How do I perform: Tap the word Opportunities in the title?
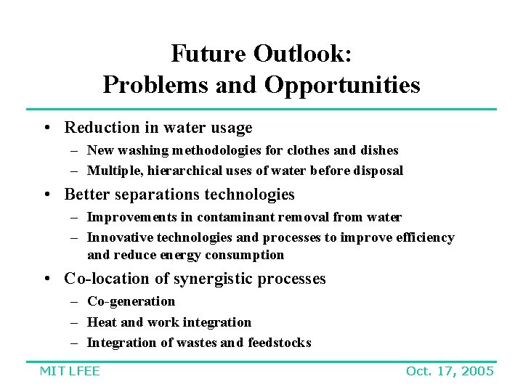(342, 85)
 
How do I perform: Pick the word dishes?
(378, 150)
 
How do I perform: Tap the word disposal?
(378, 171)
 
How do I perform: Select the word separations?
(153, 195)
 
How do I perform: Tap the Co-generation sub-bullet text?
(131, 301)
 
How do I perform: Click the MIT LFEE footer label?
(70, 371)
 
